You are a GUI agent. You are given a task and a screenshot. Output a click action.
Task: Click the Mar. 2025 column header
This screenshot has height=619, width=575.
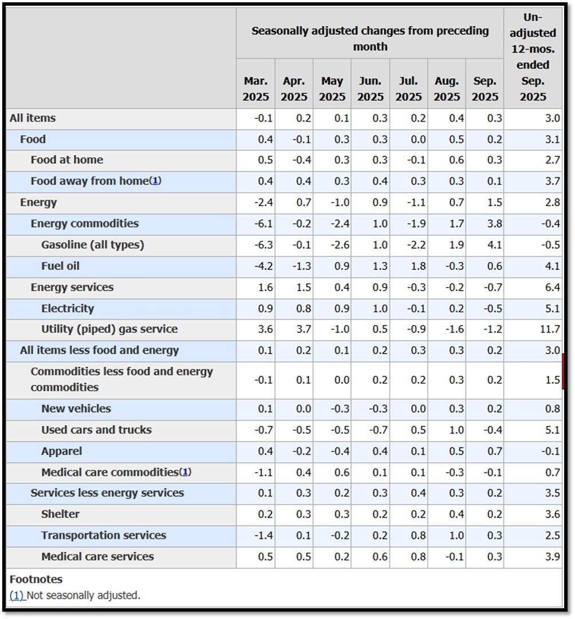(x=255, y=89)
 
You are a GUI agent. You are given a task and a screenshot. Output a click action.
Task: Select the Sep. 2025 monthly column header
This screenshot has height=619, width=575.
(x=485, y=89)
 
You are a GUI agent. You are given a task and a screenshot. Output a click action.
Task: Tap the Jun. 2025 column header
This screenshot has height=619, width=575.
(x=371, y=89)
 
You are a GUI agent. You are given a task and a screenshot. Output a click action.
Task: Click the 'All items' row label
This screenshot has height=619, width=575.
(x=33, y=118)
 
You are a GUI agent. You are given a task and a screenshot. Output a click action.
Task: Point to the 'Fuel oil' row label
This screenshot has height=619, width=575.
(x=61, y=266)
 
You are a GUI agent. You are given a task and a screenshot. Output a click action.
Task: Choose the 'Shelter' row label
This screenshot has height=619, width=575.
(x=61, y=514)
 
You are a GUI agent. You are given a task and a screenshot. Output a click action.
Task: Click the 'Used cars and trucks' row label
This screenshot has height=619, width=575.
(x=96, y=430)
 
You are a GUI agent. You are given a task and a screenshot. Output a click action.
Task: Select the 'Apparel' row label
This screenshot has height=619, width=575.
(x=62, y=451)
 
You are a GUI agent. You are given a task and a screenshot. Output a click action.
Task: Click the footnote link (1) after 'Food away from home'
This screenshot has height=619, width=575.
(x=155, y=181)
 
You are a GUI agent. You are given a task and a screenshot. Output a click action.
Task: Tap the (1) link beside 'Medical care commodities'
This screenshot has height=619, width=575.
(x=186, y=472)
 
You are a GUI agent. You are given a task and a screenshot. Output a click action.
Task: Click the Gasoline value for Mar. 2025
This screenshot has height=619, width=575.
(x=263, y=245)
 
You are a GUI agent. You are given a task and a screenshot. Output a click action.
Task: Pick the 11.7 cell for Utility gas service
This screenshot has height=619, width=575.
(x=550, y=330)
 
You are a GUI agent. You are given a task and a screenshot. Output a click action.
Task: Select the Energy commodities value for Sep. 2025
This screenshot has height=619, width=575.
(x=494, y=224)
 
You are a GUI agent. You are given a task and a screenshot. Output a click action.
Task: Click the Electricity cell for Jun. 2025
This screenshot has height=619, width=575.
(x=380, y=308)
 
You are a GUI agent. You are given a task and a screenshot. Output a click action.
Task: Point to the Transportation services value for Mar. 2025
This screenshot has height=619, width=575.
(x=263, y=535)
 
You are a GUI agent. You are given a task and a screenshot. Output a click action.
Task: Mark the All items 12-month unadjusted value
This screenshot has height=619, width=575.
(x=553, y=118)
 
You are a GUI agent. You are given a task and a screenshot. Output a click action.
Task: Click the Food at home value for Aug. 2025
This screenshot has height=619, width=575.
(x=456, y=160)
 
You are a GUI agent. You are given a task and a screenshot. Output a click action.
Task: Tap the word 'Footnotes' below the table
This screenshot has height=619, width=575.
(x=36, y=579)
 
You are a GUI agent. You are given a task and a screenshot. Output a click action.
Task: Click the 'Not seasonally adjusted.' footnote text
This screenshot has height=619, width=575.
(x=84, y=595)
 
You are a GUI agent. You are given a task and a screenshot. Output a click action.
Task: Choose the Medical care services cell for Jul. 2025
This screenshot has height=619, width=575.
(x=418, y=557)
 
